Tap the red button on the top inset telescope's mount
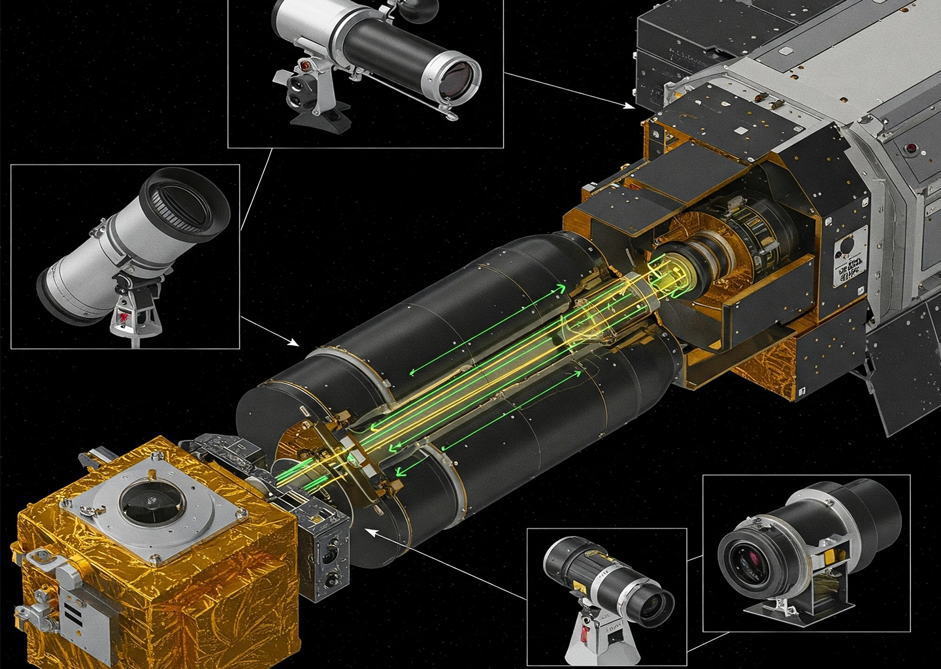tap(305, 65)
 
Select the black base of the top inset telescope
tap(320, 120)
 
